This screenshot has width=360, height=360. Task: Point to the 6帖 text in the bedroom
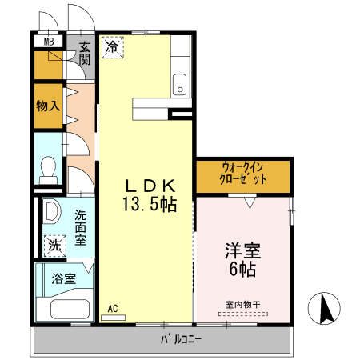tap(242, 270)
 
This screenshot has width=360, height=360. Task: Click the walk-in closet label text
tap(243, 174)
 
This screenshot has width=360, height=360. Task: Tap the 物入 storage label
tap(48, 106)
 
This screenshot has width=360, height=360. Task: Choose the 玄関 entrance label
tap(84, 55)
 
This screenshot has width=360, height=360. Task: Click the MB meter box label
tap(49, 42)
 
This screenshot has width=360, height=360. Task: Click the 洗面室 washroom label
tap(81, 227)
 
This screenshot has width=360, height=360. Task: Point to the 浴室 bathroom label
tap(63, 279)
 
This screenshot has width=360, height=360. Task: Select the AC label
tap(113, 307)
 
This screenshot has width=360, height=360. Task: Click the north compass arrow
tap(326, 308)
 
